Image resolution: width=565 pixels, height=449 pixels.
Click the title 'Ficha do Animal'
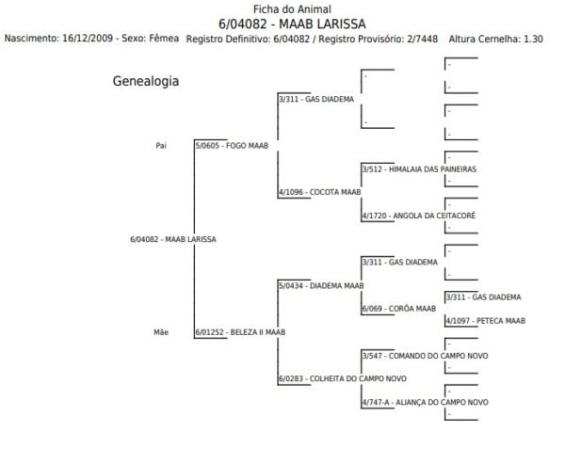pyautogui.click(x=283, y=8)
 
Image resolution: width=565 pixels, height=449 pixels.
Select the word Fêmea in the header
pyautogui.click(x=162, y=39)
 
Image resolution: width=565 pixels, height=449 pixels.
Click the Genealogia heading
pyautogui.click(x=146, y=82)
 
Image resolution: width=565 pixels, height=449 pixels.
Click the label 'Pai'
pyautogui.click(x=161, y=146)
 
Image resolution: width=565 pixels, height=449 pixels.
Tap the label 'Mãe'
pyautogui.click(x=161, y=331)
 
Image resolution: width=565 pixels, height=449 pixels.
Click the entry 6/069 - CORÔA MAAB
pyautogui.click(x=399, y=308)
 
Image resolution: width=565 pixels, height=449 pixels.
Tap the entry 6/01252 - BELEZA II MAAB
pyautogui.click(x=240, y=331)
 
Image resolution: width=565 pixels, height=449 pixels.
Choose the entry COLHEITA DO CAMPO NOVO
pyautogui.click(x=342, y=378)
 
